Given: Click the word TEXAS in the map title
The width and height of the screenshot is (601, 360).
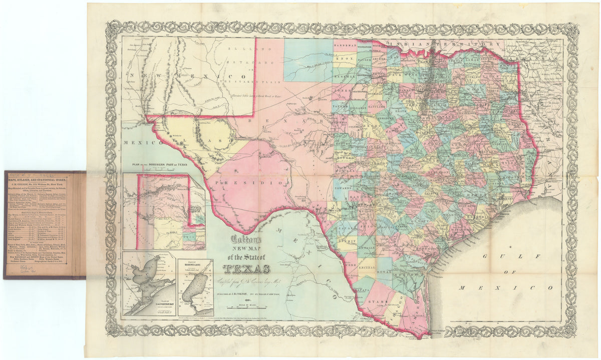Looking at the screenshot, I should (x=246, y=269).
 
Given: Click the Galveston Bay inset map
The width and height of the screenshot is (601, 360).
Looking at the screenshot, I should (x=148, y=283).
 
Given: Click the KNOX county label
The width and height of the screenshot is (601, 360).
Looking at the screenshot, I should (x=344, y=59).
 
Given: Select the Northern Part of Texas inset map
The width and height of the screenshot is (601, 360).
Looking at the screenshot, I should (x=164, y=211).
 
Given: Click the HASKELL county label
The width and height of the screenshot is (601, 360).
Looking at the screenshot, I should (x=344, y=73).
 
